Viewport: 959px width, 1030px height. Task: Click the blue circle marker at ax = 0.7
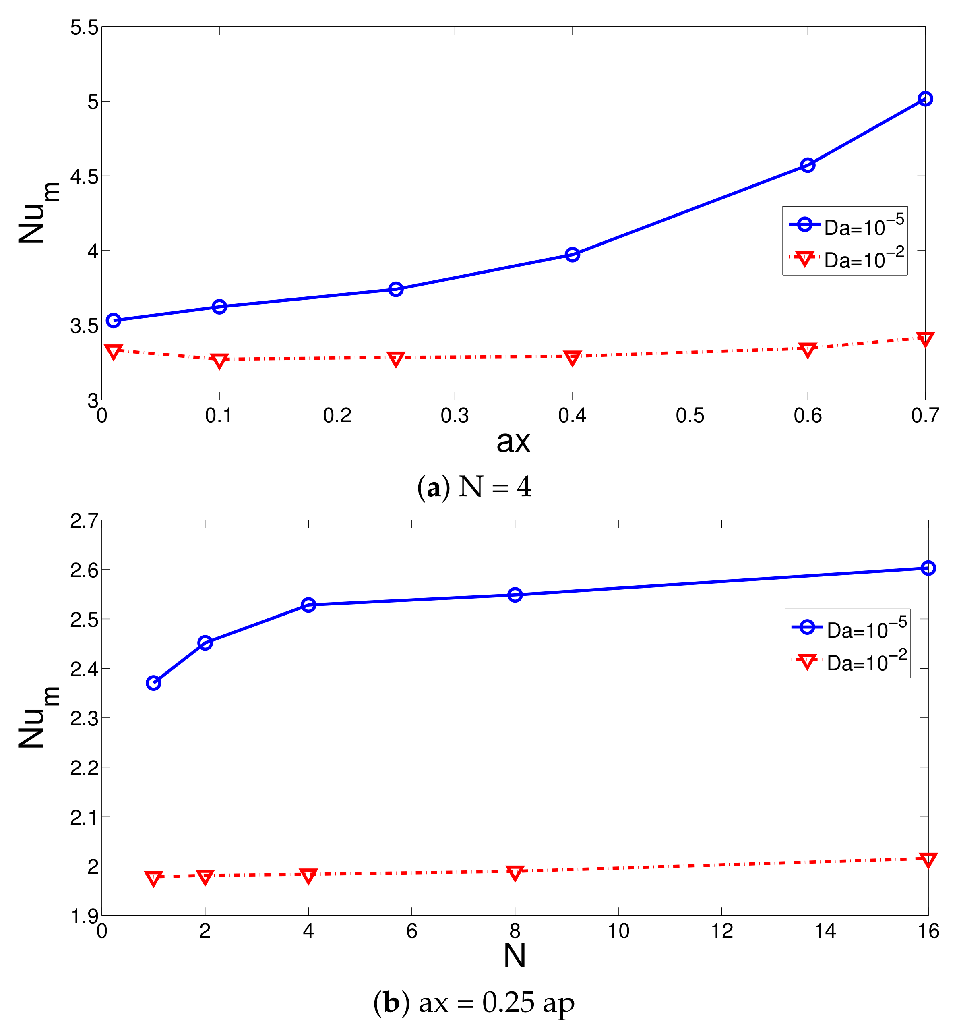click(924, 98)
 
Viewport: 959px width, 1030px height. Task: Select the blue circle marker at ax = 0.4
click(572, 255)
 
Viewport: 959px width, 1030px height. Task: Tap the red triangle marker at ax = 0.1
click(219, 361)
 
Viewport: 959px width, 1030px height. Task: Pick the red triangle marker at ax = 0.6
click(807, 350)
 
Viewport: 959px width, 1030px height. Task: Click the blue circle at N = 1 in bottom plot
click(153, 683)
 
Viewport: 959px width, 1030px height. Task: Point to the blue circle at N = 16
click(928, 568)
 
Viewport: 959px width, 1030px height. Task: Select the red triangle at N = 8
click(514, 872)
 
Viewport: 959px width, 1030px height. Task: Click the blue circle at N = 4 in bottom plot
click(308, 605)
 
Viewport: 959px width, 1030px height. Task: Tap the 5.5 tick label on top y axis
click(84, 27)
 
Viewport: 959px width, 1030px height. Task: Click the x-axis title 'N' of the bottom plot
click(514, 955)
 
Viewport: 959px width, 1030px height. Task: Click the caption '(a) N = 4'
click(474, 487)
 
